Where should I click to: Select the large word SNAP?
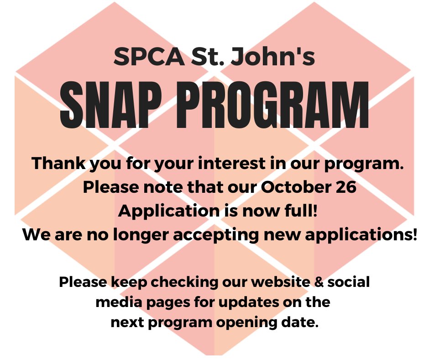pyautogui.click(x=119, y=106)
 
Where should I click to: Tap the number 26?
pyautogui.click(x=343, y=187)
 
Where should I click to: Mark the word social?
pyautogui.click(x=349, y=282)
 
